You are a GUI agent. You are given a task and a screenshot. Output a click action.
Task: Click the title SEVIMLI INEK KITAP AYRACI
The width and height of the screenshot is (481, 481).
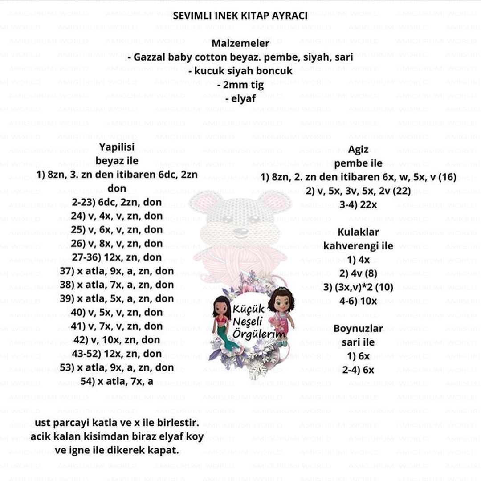[240, 16]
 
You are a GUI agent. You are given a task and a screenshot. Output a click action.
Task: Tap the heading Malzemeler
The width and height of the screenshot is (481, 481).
[240, 44]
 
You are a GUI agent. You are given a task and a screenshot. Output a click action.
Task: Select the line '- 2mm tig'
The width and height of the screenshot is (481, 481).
[240, 85]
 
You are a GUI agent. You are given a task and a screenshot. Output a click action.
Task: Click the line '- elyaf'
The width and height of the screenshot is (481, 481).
[240, 99]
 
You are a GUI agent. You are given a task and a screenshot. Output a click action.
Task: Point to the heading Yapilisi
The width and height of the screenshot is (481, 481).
[117, 147]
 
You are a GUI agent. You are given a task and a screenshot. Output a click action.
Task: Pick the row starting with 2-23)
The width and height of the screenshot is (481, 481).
[117, 202]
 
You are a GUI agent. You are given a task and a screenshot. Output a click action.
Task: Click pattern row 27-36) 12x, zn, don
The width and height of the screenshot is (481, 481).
[117, 257]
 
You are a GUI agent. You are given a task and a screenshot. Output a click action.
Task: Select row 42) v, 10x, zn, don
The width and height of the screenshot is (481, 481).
[117, 340]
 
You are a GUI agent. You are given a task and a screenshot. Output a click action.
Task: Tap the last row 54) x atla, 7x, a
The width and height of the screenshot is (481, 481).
[117, 381]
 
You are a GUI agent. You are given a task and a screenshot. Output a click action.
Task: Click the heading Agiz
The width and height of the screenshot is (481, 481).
[358, 150]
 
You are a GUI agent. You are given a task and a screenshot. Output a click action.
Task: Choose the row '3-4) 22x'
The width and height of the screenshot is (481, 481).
[358, 205]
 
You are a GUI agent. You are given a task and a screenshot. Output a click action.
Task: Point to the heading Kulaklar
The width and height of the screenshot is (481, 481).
[358, 232]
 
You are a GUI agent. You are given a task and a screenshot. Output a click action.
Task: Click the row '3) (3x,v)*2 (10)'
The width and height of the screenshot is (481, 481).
[358, 287]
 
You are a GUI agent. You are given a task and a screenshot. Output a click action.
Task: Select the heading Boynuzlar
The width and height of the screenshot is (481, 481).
[358, 329]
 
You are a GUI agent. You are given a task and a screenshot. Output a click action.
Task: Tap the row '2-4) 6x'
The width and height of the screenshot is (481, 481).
[358, 370]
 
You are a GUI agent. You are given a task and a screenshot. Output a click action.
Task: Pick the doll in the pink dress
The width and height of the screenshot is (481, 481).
[281, 314]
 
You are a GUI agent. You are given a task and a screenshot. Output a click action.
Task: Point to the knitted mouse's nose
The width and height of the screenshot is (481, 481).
[240, 232]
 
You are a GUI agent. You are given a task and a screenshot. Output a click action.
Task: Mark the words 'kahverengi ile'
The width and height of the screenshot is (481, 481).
[358, 246]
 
